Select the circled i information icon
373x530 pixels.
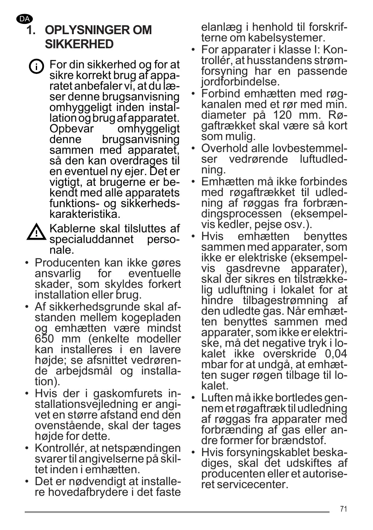[x=36, y=67]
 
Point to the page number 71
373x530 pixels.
[x=344, y=509]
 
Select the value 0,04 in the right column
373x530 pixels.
[x=333, y=354]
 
